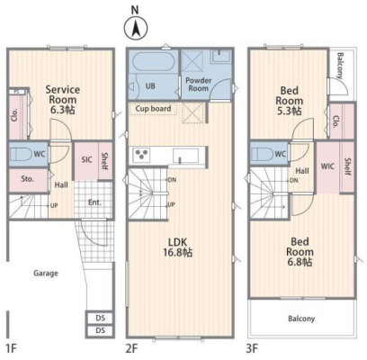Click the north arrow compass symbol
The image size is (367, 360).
click(x=136, y=29)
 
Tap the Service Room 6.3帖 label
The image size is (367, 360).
click(x=63, y=100)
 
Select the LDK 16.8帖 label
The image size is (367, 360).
click(x=178, y=247)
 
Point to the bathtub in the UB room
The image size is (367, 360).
click(x=153, y=62)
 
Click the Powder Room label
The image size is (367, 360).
click(x=198, y=85)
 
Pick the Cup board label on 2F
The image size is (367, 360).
click(x=153, y=108)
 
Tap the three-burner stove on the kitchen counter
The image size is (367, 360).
click(x=141, y=155)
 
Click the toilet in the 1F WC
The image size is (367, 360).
click(x=21, y=154)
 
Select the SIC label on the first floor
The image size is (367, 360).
click(x=86, y=159)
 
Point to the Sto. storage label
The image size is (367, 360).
click(x=28, y=179)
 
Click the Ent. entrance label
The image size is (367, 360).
click(x=94, y=202)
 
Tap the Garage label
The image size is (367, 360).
click(x=46, y=274)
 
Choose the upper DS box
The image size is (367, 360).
click(x=100, y=318)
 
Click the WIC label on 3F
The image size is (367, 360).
click(x=327, y=166)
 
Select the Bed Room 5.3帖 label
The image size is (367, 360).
click(x=289, y=101)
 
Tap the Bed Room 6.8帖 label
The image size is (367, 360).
click(x=300, y=252)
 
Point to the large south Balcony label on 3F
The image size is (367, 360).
click(x=301, y=319)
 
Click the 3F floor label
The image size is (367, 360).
click(x=252, y=348)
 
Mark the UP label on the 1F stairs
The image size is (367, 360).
click(x=54, y=206)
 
